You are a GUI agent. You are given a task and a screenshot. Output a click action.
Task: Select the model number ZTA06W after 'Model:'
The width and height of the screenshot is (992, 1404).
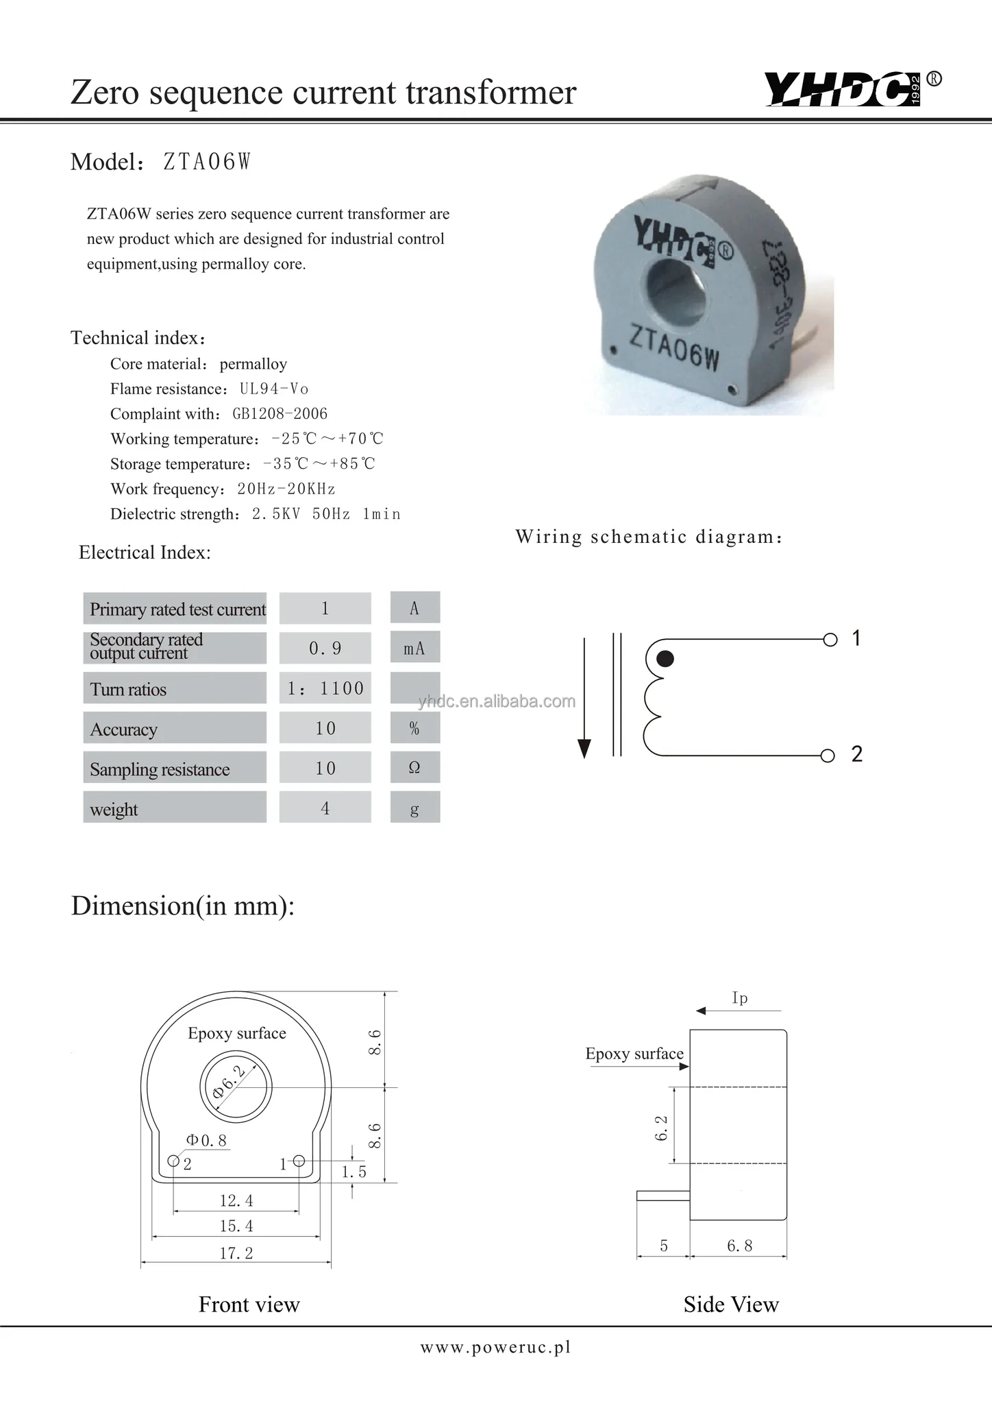(x=207, y=162)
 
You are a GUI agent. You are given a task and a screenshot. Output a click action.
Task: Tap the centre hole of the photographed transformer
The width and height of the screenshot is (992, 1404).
(x=675, y=284)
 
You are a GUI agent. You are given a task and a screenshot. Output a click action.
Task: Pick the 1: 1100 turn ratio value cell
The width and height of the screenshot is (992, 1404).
(x=325, y=688)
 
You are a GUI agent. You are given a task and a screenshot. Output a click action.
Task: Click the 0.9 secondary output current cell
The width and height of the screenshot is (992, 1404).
(x=325, y=648)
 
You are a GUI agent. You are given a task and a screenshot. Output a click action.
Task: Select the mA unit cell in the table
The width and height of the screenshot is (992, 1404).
(x=414, y=648)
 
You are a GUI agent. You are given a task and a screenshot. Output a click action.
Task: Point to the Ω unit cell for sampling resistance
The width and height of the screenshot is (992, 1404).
(x=414, y=768)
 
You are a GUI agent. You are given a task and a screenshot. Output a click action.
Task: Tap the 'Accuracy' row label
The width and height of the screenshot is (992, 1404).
(x=124, y=729)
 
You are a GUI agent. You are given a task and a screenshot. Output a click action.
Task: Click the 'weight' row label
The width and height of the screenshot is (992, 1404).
(x=114, y=809)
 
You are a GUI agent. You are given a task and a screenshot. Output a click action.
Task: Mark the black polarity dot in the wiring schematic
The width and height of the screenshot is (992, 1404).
(x=665, y=659)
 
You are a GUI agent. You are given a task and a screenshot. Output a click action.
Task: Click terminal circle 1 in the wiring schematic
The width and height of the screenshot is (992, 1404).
(x=830, y=640)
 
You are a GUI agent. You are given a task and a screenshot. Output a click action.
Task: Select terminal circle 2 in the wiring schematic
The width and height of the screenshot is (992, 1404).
(x=828, y=755)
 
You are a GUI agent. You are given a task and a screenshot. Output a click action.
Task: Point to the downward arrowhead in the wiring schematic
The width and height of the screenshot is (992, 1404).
(x=584, y=749)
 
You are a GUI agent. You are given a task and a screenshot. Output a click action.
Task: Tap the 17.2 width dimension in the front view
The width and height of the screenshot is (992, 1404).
(x=236, y=1253)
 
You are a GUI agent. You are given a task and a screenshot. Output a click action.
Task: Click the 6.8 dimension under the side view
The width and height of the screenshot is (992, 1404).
(x=740, y=1246)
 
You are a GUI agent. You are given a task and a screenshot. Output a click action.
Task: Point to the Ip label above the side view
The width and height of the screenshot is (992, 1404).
(x=740, y=998)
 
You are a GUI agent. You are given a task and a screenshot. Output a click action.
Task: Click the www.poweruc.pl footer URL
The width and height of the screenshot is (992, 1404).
(x=495, y=1347)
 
